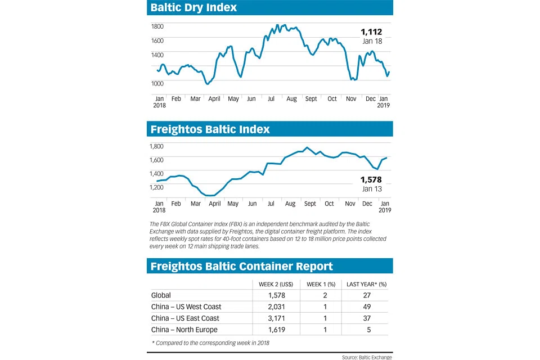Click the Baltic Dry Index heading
click(x=193, y=7)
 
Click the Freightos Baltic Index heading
click(x=210, y=129)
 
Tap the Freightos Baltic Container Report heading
click(x=241, y=266)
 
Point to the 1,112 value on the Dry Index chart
click(x=371, y=32)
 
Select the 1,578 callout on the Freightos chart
click(x=371, y=180)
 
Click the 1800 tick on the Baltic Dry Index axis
click(x=157, y=26)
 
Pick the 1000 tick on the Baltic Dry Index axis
click(x=157, y=83)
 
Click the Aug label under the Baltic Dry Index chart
click(x=291, y=99)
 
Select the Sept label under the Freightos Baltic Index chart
click(x=310, y=204)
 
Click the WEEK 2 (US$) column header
click(x=274, y=283)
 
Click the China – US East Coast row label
click(x=185, y=318)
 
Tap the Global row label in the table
click(x=161, y=295)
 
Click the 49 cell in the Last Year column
click(x=368, y=307)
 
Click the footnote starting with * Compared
click(x=213, y=343)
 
